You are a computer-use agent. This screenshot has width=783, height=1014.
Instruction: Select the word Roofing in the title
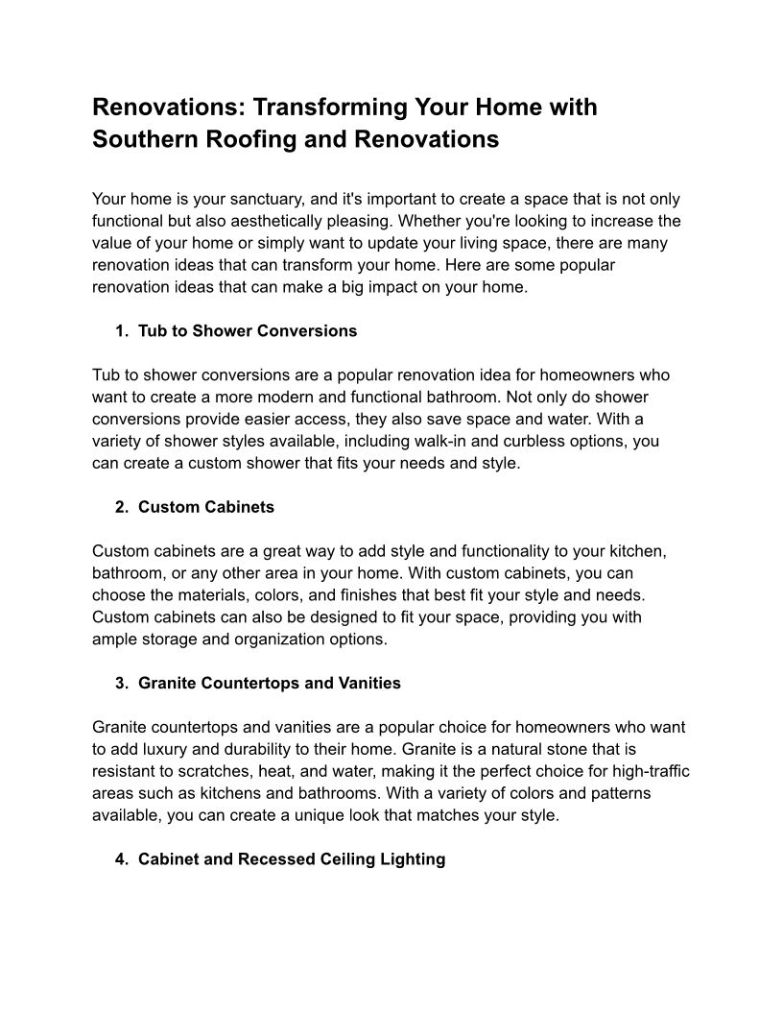click(x=249, y=139)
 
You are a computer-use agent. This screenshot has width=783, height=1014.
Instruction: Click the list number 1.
click(x=120, y=331)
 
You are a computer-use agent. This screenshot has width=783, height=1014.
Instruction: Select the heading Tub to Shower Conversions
click(x=248, y=331)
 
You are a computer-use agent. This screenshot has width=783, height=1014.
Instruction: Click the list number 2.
click(x=120, y=507)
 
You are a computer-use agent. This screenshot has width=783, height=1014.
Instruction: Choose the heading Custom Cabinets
click(x=206, y=507)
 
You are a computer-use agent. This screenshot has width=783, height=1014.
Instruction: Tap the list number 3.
click(x=120, y=684)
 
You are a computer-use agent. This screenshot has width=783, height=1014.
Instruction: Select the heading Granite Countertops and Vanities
click(x=270, y=684)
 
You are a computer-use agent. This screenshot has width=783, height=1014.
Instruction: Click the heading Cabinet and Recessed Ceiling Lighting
click(x=292, y=859)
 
